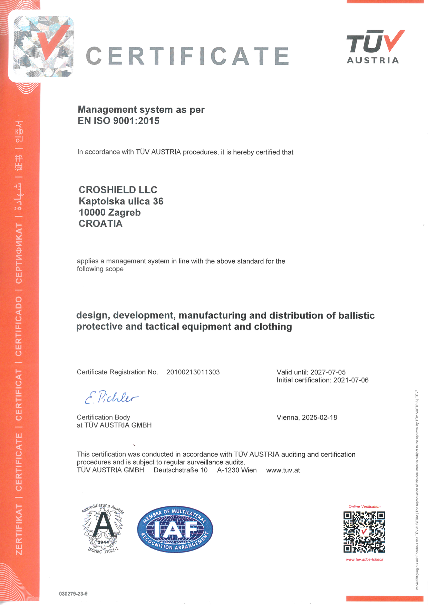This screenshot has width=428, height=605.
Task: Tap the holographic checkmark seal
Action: (x=43, y=47)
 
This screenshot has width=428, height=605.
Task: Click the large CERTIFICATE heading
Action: (x=187, y=56)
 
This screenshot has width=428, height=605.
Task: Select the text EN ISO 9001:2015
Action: (x=118, y=121)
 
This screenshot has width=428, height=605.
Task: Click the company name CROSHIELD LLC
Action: (x=118, y=190)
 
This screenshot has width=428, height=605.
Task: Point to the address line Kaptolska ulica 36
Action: (x=121, y=201)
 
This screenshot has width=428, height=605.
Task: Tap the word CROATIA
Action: (x=100, y=224)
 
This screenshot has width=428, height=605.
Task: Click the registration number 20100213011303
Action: (x=193, y=372)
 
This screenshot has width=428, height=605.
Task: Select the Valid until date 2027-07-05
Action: (x=328, y=372)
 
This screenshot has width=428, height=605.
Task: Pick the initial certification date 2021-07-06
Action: (x=351, y=380)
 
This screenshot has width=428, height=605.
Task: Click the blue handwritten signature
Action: (x=111, y=398)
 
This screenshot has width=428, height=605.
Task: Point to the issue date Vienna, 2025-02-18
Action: (x=307, y=417)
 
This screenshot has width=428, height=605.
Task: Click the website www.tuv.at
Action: (x=283, y=470)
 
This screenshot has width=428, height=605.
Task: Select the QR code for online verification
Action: (x=364, y=532)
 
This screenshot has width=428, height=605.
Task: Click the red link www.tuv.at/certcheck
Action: (x=364, y=559)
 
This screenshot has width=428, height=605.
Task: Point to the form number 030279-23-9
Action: (x=73, y=594)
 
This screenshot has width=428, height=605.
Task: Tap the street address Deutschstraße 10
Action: (x=181, y=470)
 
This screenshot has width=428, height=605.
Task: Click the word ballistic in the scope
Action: (x=357, y=315)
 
